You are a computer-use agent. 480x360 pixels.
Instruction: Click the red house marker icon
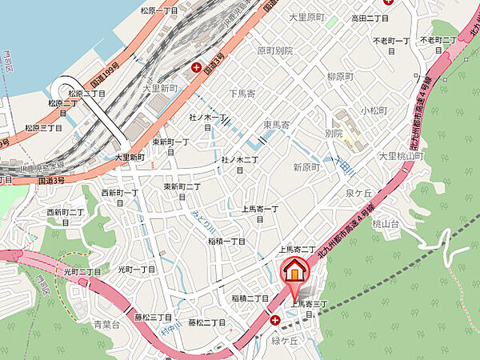click(x=294, y=272)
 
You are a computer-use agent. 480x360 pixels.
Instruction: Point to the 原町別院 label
click(x=274, y=50)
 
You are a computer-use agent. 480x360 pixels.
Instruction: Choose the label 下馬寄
click(x=242, y=93)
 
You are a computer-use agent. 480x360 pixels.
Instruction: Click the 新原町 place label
click(x=306, y=167)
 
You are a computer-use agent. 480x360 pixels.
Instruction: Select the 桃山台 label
click(x=386, y=226)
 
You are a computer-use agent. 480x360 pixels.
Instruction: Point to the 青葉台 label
click(x=106, y=325)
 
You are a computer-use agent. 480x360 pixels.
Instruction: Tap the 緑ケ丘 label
click(x=284, y=340)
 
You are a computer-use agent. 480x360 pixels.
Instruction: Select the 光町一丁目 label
click(x=136, y=270)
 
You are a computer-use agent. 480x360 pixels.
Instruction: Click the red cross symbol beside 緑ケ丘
click(x=275, y=319)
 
